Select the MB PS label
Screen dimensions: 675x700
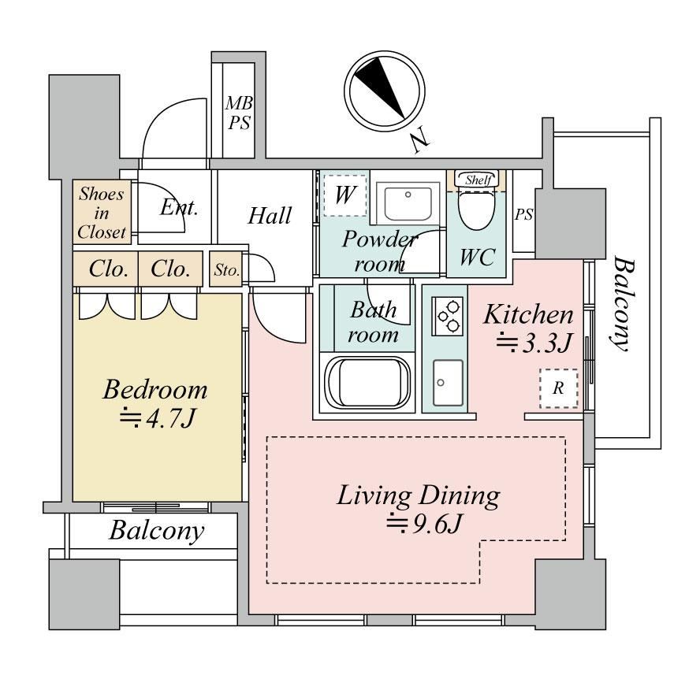click(x=240, y=113)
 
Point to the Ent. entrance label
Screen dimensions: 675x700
click(x=178, y=209)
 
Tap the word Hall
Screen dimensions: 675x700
click(x=270, y=216)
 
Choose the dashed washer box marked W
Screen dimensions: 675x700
click(x=344, y=195)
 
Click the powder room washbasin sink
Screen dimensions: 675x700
click(x=407, y=203)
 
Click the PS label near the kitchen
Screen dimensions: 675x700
click(x=523, y=214)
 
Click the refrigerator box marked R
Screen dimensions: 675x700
click(x=558, y=389)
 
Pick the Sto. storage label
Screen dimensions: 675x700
click(x=226, y=270)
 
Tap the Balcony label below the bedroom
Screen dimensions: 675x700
click(x=155, y=531)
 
